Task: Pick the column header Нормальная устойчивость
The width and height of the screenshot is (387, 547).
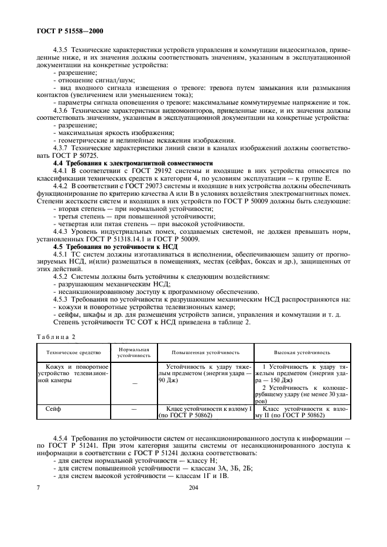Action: (134, 352)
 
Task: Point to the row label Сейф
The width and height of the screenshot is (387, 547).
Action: (53, 410)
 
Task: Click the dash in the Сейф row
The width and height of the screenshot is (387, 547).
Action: (134, 410)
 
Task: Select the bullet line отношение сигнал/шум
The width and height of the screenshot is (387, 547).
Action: (88, 79)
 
